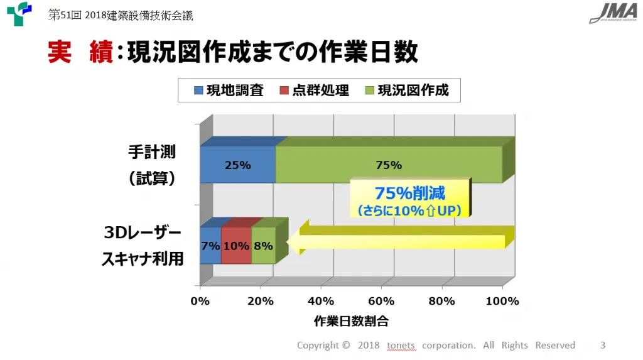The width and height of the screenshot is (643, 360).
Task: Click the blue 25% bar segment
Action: click(x=238, y=165)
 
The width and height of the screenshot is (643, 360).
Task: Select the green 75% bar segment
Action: click(x=389, y=165)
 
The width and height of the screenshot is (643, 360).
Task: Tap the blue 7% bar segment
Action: click(x=210, y=246)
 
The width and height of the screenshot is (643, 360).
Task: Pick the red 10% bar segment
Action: click(x=236, y=246)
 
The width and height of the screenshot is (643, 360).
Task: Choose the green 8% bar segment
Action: click(x=263, y=246)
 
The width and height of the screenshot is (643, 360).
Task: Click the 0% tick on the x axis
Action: click(x=200, y=301)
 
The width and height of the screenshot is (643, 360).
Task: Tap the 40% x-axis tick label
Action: click(x=321, y=301)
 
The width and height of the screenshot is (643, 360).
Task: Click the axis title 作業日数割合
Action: click(x=351, y=322)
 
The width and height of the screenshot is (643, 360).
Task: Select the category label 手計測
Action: click(x=152, y=152)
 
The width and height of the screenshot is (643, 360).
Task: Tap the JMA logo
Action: click(x=613, y=13)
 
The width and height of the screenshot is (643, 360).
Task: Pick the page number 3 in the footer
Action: click(x=603, y=345)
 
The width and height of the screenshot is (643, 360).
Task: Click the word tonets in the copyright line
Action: click(x=401, y=345)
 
